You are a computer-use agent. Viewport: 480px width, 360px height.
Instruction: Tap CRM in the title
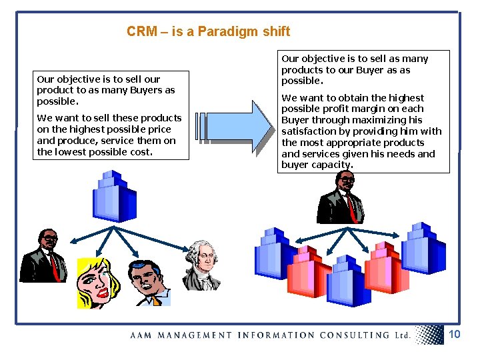coord(141,31)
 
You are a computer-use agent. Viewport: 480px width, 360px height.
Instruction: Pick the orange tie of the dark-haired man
coord(155,301)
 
